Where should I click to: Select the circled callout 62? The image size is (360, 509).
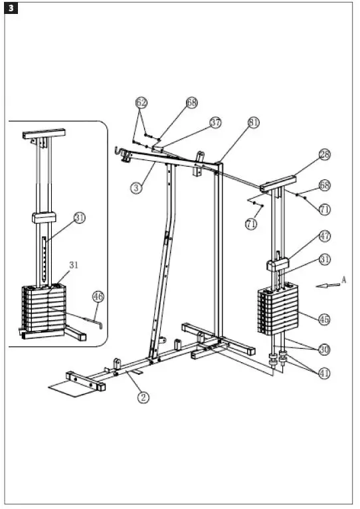coord(141,102)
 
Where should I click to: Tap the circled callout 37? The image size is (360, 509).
coord(215,123)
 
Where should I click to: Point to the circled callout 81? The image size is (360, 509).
coord(254,123)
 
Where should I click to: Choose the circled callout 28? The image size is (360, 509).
coord(323,155)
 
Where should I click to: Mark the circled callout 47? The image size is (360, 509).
coord(324,236)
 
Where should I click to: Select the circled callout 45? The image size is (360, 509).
coord(324,320)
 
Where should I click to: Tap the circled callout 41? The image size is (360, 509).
coord(324,373)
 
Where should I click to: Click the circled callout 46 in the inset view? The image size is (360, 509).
coord(98,297)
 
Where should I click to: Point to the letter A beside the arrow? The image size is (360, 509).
coord(344,280)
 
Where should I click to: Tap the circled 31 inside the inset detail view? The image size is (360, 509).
coord(80,217)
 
